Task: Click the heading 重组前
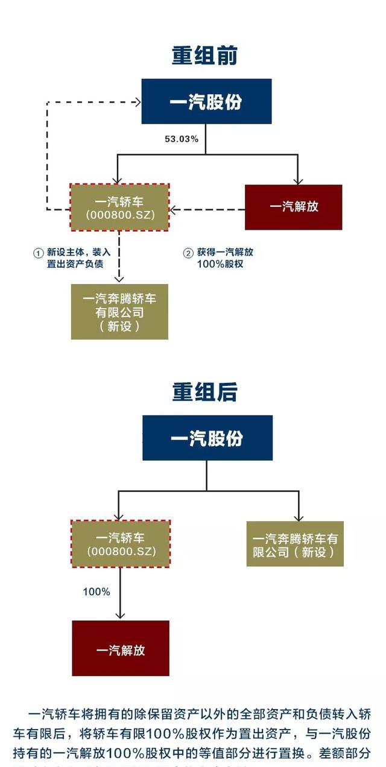(x=205, y=55)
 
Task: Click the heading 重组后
(x=205, y=392)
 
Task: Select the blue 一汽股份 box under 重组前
(x=206, y=101)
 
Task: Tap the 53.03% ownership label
(x=182, y=139)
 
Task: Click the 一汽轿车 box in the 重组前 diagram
(x=120, y=207)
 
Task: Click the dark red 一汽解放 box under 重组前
(x=293, y=207)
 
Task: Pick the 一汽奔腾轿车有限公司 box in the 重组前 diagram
(x=119, y=312)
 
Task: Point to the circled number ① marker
(x=38, y=253)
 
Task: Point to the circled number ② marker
(x=188, y=253)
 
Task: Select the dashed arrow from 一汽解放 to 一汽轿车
(x=208, y=210)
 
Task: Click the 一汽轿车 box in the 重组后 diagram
(x=121, y=544)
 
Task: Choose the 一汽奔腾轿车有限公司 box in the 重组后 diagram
(x=295, y=544)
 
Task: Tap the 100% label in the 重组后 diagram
(x=96, y=592)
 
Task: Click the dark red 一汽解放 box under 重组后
(x=121, y=649)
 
